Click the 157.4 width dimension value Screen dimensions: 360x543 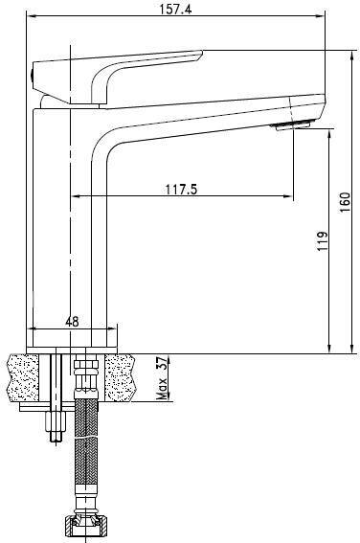tap(175, 10)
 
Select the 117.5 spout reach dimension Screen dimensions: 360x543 tap(181, 190)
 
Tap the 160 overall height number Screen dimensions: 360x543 tap(345, 202)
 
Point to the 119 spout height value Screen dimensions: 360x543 tap(323, 240)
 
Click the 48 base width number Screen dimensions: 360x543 tap(72, 322)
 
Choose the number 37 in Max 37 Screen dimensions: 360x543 tap(163, 363)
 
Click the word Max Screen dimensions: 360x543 tap(162, 388)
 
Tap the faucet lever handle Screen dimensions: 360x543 tap(116, 77)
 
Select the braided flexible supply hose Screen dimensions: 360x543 tap(86, 446)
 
